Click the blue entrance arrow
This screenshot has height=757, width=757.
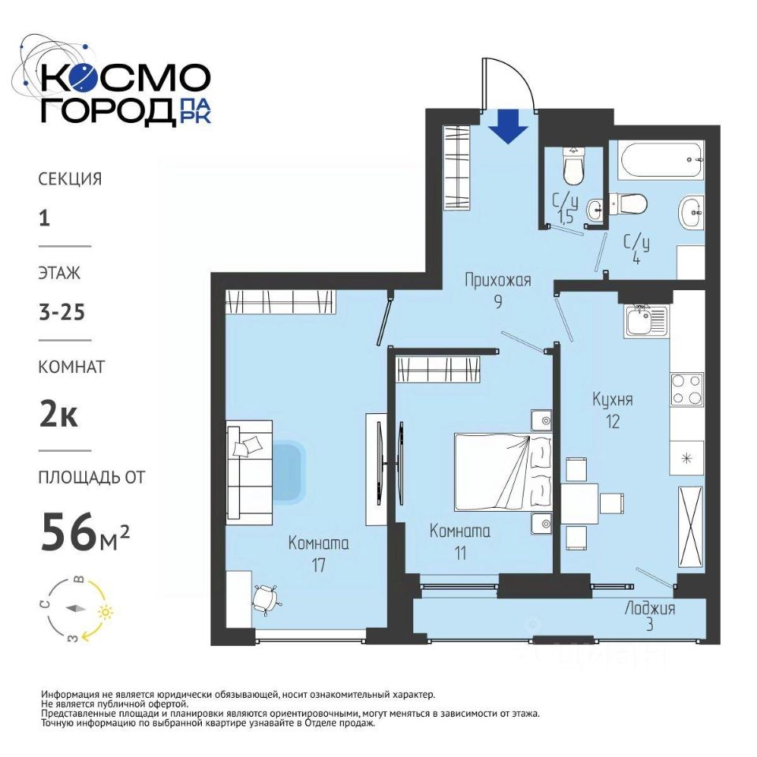pos(509,126)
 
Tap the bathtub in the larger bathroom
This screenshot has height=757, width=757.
pos(661,160)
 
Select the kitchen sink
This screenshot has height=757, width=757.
pos(647,321)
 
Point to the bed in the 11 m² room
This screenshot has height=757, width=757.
pos(503,472)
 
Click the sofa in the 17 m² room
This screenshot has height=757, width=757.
pos(250,472)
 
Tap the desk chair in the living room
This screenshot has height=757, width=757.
pos(266,599)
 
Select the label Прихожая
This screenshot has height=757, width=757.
pos(498,279)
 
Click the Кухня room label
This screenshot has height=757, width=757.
pos(613,399)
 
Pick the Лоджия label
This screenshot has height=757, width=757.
pos(650,608)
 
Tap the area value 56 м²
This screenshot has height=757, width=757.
pos(85,532)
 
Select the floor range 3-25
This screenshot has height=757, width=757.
pos(62,312)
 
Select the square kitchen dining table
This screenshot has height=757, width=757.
pos(580,504)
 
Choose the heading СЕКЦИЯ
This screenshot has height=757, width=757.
pos(70,179)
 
